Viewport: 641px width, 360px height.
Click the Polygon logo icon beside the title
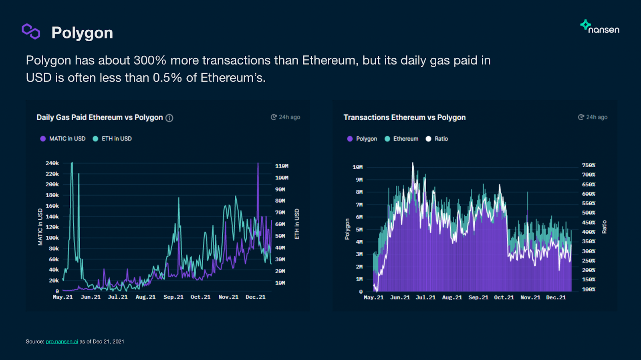pos(31,31)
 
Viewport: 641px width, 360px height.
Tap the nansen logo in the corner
pos(600,27)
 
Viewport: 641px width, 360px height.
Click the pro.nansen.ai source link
pos(62,342)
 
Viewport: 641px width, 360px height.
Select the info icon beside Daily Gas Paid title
pos(169,118)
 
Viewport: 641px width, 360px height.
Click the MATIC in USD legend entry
pos(63,139)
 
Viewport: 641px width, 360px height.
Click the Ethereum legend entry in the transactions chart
pos(401,139)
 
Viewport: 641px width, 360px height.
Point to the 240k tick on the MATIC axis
pos(52,163)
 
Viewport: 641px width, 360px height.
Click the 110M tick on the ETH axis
pos(282,166)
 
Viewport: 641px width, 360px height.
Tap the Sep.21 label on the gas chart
pos(173,297)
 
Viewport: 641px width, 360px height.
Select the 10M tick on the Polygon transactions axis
pos(357,167)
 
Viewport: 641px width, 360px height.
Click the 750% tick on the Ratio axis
pos(589,165)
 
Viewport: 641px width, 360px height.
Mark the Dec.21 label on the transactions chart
pos(556,297)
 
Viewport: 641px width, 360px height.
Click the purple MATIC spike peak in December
pos(258,164)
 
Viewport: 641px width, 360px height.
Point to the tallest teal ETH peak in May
pos(72,163)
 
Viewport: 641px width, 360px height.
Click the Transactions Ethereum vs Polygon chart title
pos(404,117)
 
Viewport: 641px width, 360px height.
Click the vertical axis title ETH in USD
pos(297,224)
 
